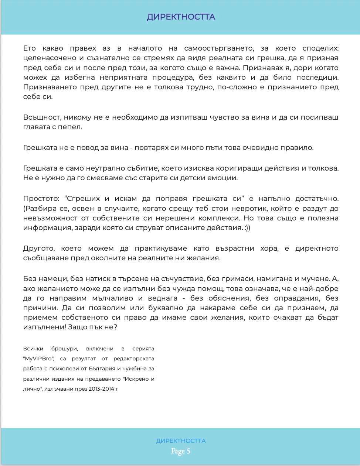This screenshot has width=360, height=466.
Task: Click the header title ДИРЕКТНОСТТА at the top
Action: (x=181, y=17)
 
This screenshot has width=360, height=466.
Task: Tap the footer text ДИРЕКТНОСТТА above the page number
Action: (x=181, y=441)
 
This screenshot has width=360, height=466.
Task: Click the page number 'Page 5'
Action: (x=181, y=451)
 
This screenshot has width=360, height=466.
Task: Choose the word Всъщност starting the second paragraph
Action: (x=41, y=117)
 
